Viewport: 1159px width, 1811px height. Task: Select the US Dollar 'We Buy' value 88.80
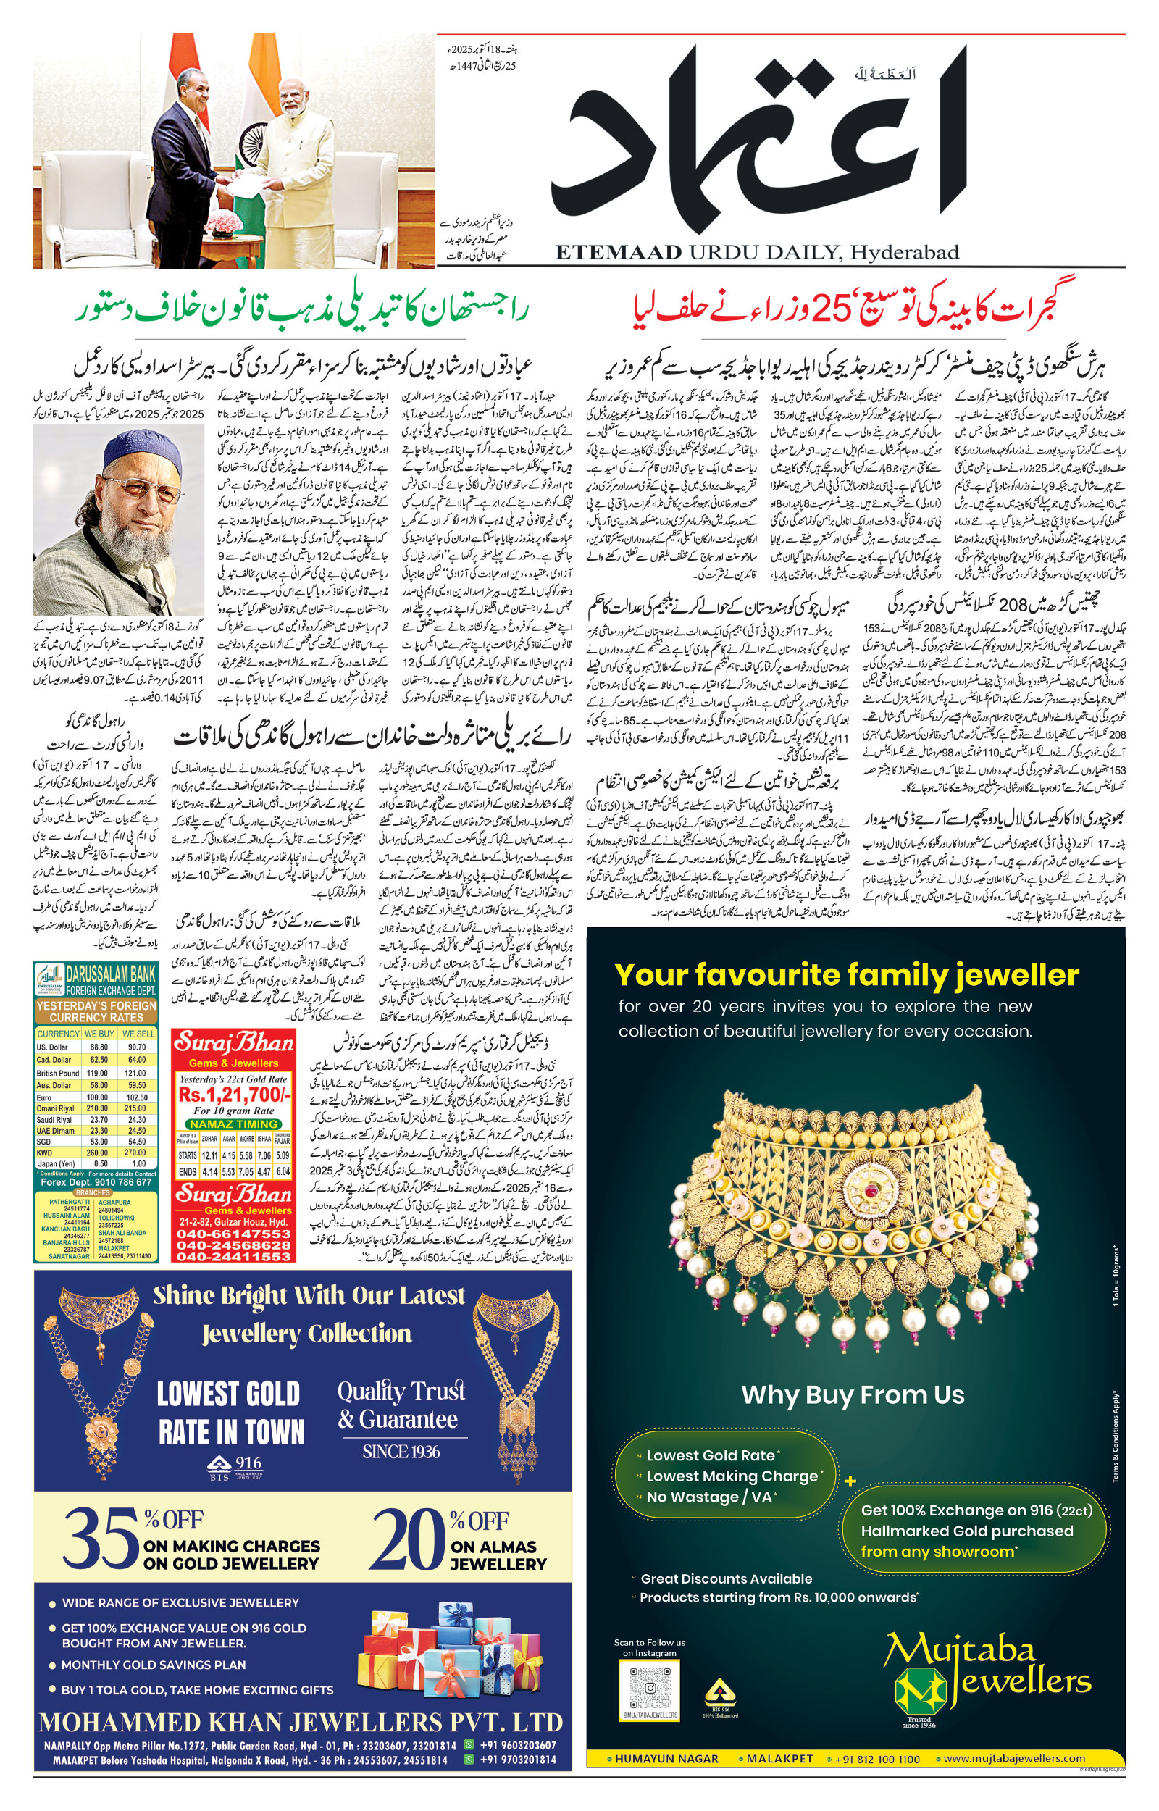(x=99, y=1047)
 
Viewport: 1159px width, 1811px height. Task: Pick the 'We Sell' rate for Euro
(x=136, y=1097)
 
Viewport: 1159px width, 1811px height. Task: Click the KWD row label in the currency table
(x=44, y=1152)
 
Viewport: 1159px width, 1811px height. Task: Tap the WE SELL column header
(x=138, y=1034)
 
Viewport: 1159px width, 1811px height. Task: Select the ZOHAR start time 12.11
(x=209, y=1155)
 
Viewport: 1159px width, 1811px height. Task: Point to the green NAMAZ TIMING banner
(x=233, y=1124)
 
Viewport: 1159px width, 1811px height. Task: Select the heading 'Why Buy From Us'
(x=852, y=1395)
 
